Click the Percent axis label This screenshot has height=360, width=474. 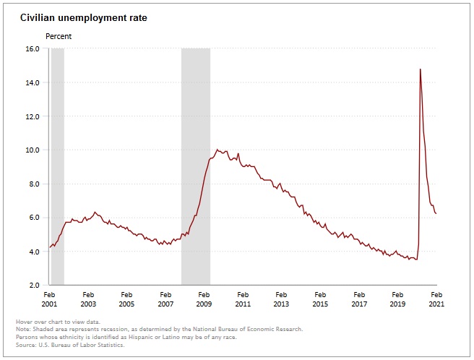click(59, 35)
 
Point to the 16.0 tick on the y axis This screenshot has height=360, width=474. click(31, 48)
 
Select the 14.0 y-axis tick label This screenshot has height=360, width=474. click(31, 82)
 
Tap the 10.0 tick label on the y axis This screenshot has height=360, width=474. click(31, 150)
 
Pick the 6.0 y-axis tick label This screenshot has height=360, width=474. click(33, 218)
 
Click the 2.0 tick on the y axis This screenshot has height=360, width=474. click(33, 285)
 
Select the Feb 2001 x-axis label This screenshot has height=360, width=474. click(49, 299)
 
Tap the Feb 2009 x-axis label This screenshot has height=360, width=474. click(204, 299)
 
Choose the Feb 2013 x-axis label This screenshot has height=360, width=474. click(281, 299)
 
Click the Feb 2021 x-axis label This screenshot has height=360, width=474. click(436, 299)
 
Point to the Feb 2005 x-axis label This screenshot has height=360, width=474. click(126, 299)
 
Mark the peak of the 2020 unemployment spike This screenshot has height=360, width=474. click(420, 69)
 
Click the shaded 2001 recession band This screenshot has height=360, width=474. click(57, 166)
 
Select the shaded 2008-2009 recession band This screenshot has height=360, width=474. click(195, 166)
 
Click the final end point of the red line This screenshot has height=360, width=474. click(436, 213)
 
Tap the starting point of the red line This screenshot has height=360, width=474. click(49, 247)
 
